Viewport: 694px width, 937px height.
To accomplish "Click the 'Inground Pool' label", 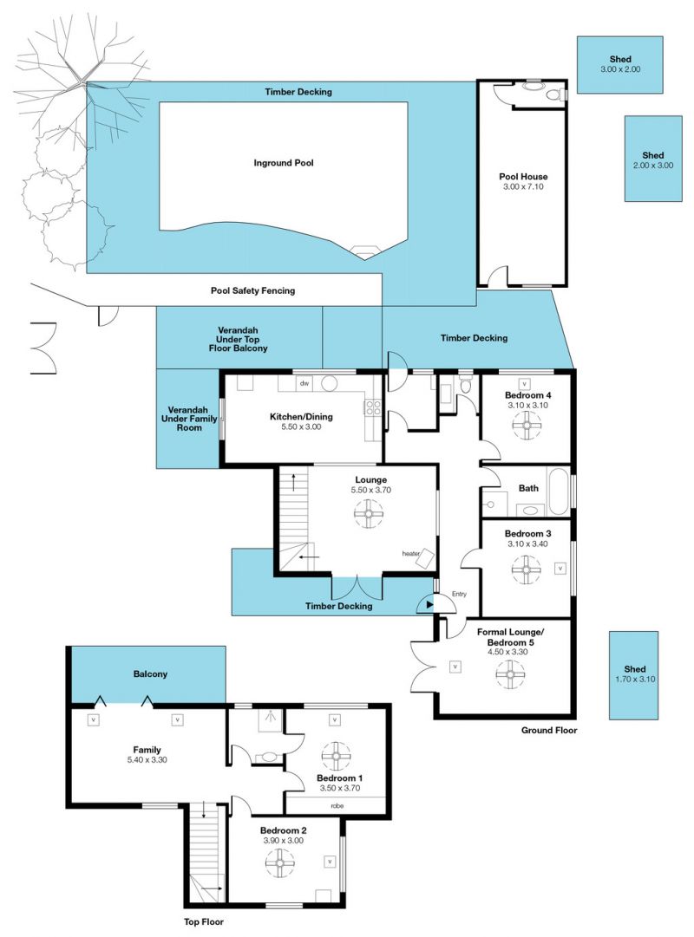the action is [283, 163].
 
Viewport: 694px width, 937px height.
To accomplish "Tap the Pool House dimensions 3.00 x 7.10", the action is [523, 186].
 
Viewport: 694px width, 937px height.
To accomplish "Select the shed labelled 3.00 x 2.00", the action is [619, 64].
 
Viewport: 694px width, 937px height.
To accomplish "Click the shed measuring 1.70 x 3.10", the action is [633, 675].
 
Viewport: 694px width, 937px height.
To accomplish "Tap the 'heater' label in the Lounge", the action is [411, 554].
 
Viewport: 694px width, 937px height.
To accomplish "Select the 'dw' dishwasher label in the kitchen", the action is [304, 383].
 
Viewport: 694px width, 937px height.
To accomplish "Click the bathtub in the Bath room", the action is [559, 491].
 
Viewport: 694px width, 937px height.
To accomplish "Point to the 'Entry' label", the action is [459, 594].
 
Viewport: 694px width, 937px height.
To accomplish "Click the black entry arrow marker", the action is [429, 605].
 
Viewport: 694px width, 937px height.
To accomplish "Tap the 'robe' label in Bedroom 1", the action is [337, 805].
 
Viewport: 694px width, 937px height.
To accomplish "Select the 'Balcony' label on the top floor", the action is [150, 674].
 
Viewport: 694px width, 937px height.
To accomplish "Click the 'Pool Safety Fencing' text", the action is [252, 290].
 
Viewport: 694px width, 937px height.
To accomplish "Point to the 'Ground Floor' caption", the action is [548, 730].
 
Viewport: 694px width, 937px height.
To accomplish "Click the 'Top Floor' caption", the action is [203, 922].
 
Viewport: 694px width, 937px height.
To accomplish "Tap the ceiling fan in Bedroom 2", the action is [280, 863].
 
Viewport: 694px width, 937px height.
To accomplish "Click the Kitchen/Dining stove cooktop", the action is [373, 407].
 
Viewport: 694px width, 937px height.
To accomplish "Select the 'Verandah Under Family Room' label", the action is [189, 419].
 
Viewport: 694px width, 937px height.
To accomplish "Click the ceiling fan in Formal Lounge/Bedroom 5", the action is [510, 674].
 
